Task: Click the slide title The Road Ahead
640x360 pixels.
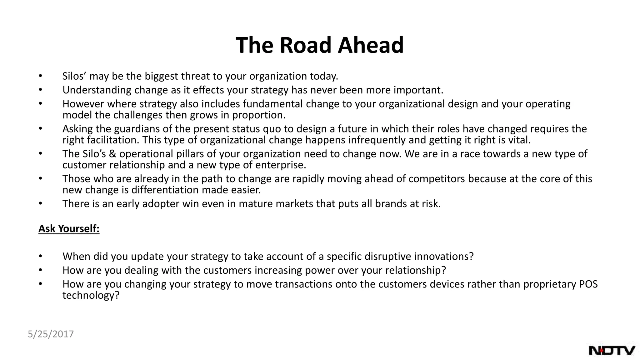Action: pos(320,45)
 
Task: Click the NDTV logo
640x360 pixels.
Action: pos(612,350)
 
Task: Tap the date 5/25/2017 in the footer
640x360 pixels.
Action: pos(51,334)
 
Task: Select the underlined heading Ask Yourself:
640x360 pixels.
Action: pos(69,229)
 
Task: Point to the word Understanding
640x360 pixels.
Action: pos(97,90)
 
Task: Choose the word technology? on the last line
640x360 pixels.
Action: pos(91,295)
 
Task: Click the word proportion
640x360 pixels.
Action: pos(259,115)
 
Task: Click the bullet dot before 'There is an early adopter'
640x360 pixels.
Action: pos(40,203)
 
